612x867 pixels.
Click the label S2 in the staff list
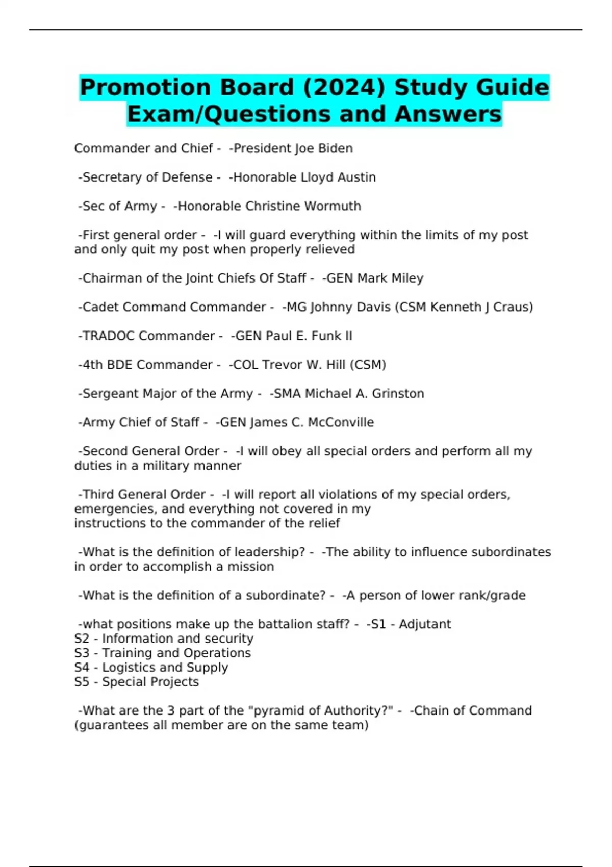[x=82, y=639]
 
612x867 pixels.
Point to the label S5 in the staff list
[x=82, y=682]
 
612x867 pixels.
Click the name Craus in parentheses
[x=513, y=307]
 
